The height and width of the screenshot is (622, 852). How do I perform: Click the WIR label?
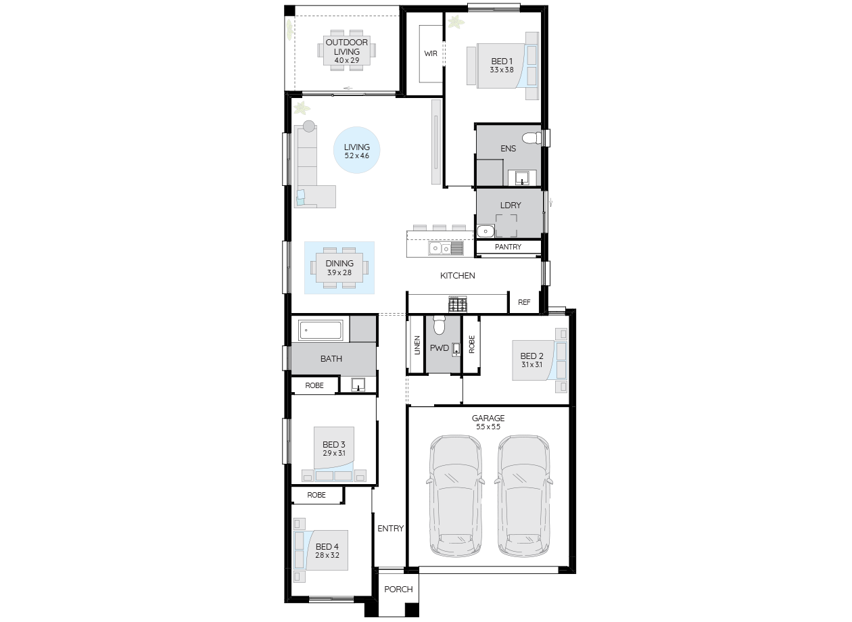coord(431,53)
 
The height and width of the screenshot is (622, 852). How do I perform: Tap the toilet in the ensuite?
coord(531,138)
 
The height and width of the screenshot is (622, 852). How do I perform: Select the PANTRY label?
coord(508,247)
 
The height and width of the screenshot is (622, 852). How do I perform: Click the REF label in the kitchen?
coord(524,302)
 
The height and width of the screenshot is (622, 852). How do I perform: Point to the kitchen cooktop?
coord(458,304)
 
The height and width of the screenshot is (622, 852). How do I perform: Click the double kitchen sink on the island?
coord(446,248)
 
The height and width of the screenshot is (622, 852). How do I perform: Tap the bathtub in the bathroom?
coord(321,330)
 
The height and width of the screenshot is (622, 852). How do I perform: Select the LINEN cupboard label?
coord(417,345)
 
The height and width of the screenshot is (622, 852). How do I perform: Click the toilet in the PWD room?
coord(439,325)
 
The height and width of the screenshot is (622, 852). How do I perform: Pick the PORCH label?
coord(398,589)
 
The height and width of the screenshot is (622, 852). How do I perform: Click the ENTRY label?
coord(390,528)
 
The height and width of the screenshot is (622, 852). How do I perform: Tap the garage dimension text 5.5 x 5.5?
coord(488,427)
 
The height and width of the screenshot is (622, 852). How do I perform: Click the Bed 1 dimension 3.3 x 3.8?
coord(501,70)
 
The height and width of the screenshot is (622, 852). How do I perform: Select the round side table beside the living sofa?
coord(309,126)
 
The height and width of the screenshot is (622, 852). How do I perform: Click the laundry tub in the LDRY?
coord(486,231)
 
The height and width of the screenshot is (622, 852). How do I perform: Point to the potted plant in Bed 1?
coord(456,22)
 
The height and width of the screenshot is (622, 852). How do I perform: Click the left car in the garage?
coord(455,496)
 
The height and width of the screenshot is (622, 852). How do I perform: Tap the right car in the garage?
coord(523,496)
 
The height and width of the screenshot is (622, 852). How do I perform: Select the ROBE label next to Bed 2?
coord(472,344)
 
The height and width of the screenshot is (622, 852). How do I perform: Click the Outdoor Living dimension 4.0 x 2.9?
coord(346,60)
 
